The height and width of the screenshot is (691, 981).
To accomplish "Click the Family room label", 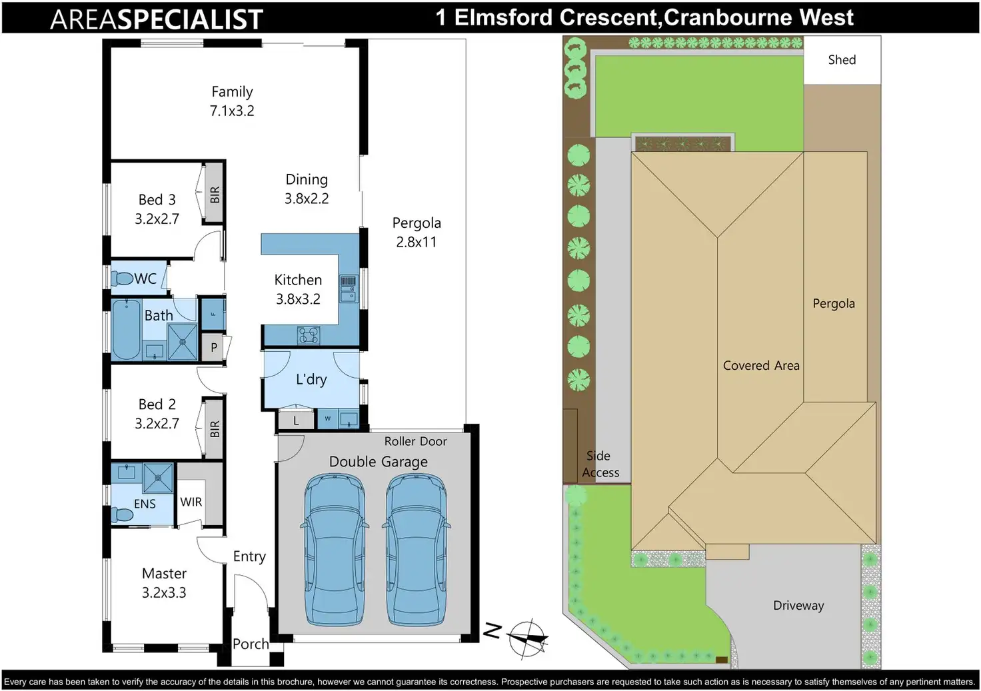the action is point(232,91).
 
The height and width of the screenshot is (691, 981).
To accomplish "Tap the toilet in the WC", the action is point(122,278).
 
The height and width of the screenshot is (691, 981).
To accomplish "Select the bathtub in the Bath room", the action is point(127,329).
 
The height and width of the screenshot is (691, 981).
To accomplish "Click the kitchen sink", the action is point(348,289).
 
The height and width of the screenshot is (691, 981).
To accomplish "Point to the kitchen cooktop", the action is point(309,336).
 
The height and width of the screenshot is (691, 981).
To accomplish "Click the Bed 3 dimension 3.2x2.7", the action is point(157,219).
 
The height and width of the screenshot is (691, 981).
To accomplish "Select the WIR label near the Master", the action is point(191,502).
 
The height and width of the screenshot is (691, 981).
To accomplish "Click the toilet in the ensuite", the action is point(122,514).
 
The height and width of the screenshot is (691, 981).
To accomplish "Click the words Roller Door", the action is point(416,441).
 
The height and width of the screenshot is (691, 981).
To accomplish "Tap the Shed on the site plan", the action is point(842,59).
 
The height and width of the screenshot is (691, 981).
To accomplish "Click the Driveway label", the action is point(798,606).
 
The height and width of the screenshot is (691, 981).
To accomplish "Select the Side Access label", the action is point(600,464).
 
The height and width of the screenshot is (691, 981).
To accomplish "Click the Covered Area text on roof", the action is point(761,365).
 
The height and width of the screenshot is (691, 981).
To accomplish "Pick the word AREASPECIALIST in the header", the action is point(157,19).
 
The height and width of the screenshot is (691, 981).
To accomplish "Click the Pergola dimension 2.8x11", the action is point(417,242).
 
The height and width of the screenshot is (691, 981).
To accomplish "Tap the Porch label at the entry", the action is point(251,644).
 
